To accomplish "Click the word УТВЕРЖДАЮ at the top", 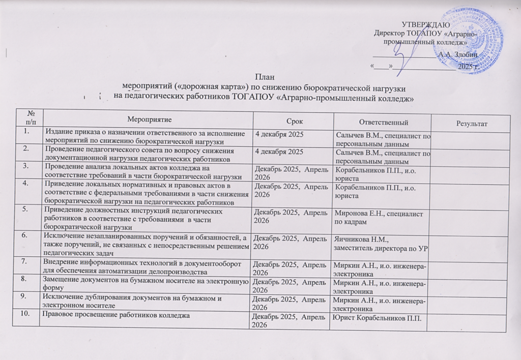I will [425, 25].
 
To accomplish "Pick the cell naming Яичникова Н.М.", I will [380, 244].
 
